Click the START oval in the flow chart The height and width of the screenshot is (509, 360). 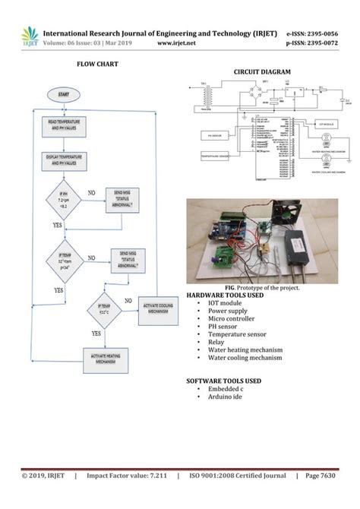pyautogui.click(x=63, y=94)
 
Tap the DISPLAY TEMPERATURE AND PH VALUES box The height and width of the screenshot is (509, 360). pyautogui.click(x=63, y=160)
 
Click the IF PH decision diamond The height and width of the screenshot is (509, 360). pyautogui.click(x=63, y=201)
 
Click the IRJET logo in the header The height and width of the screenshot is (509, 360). pyautogui.click(x=30, y=36)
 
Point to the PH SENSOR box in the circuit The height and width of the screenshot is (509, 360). pyautogui.click(x=214, y=136)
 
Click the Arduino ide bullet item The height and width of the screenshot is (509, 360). pyautogui.click(x=226, y=397)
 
